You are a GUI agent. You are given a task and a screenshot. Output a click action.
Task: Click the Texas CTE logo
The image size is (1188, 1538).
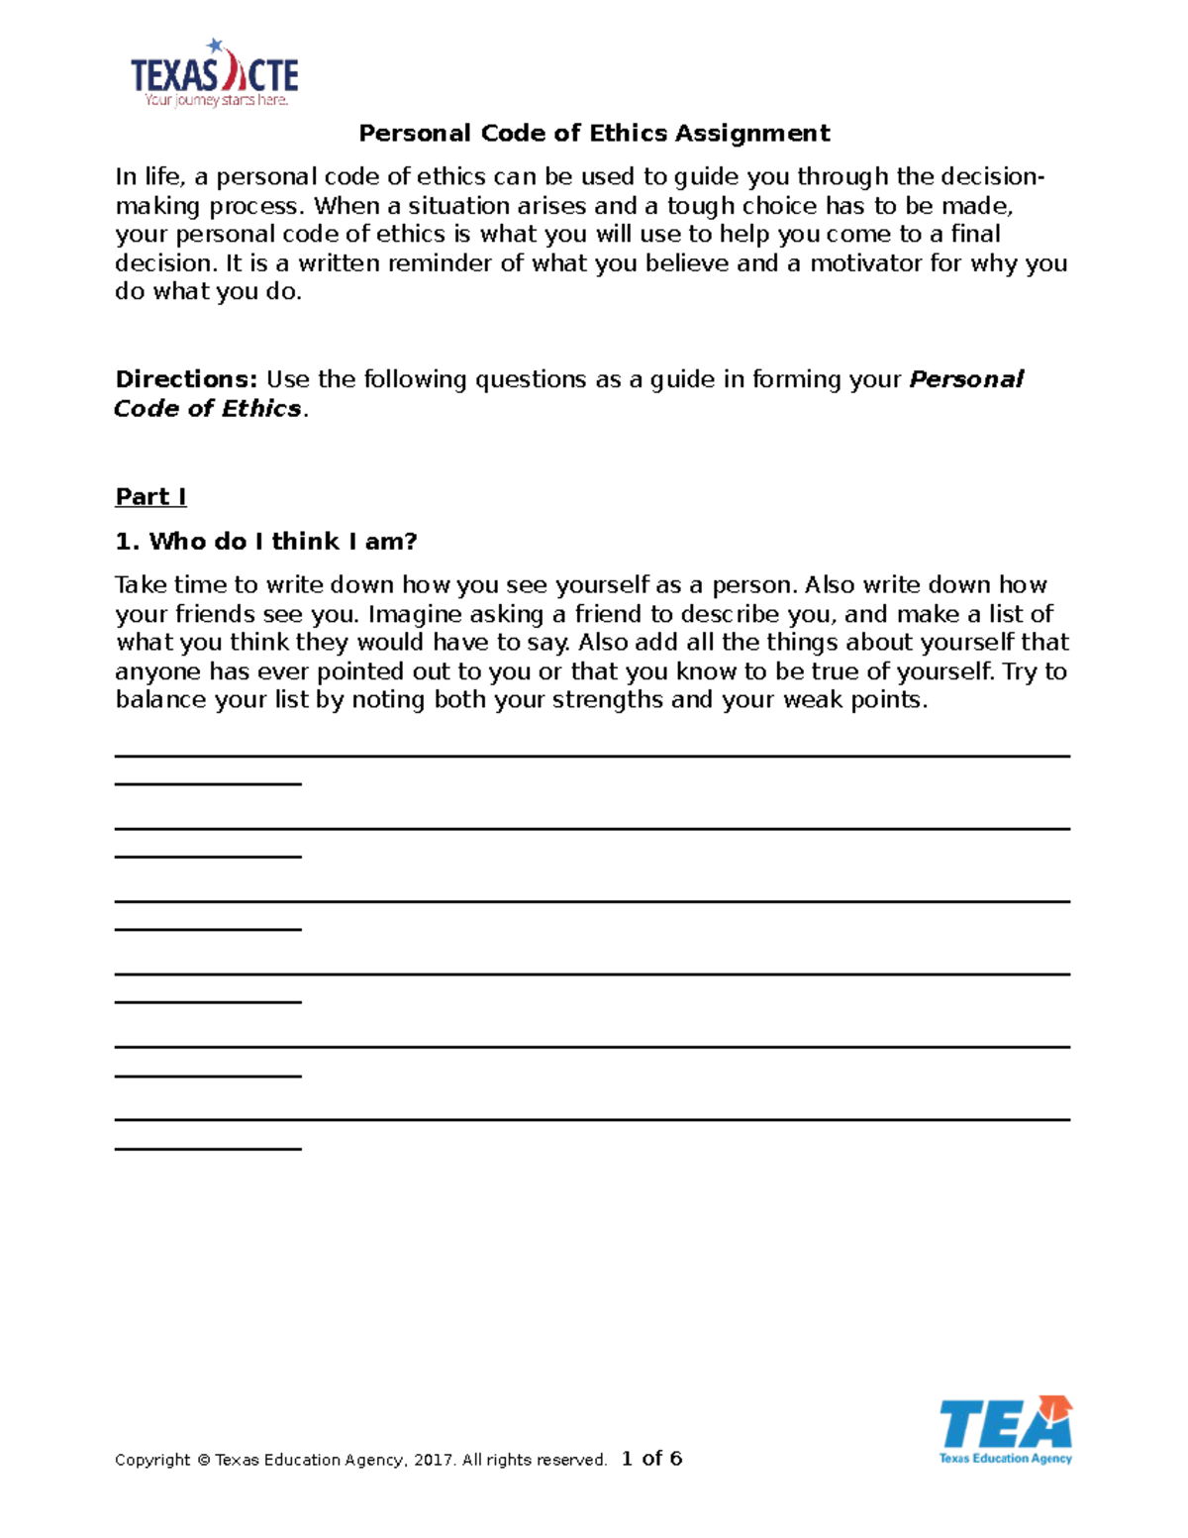point(214,74)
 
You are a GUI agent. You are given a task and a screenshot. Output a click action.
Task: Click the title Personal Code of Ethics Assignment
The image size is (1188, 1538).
point(594,133)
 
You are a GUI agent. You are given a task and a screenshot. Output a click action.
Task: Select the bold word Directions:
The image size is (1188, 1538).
point(186,379)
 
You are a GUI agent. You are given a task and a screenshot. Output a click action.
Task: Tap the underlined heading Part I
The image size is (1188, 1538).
point(150,497)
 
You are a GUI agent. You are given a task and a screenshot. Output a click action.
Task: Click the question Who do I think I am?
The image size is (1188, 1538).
point(266,541)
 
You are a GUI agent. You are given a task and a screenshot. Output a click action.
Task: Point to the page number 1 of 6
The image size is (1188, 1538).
point(651,1458)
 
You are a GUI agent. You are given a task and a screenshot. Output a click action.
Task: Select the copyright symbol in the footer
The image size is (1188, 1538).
point(203,1460)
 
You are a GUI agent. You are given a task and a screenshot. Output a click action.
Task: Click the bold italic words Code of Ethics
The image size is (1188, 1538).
point(207,408)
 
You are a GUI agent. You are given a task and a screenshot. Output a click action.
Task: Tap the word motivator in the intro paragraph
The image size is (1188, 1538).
point(865,263)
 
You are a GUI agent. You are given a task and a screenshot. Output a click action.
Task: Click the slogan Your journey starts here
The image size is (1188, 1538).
point(216,100)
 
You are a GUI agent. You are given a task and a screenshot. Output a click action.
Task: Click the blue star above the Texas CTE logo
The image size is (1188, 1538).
point(214,46)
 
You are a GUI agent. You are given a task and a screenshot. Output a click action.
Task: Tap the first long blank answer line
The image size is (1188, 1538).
point(592,757)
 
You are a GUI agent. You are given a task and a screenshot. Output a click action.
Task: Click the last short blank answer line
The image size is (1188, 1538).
point(208,1149)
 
